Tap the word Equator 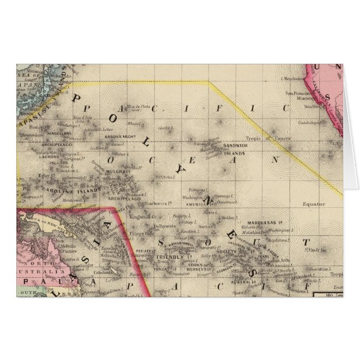(x=312, y=204)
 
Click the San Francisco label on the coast (x=299, y=93)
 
